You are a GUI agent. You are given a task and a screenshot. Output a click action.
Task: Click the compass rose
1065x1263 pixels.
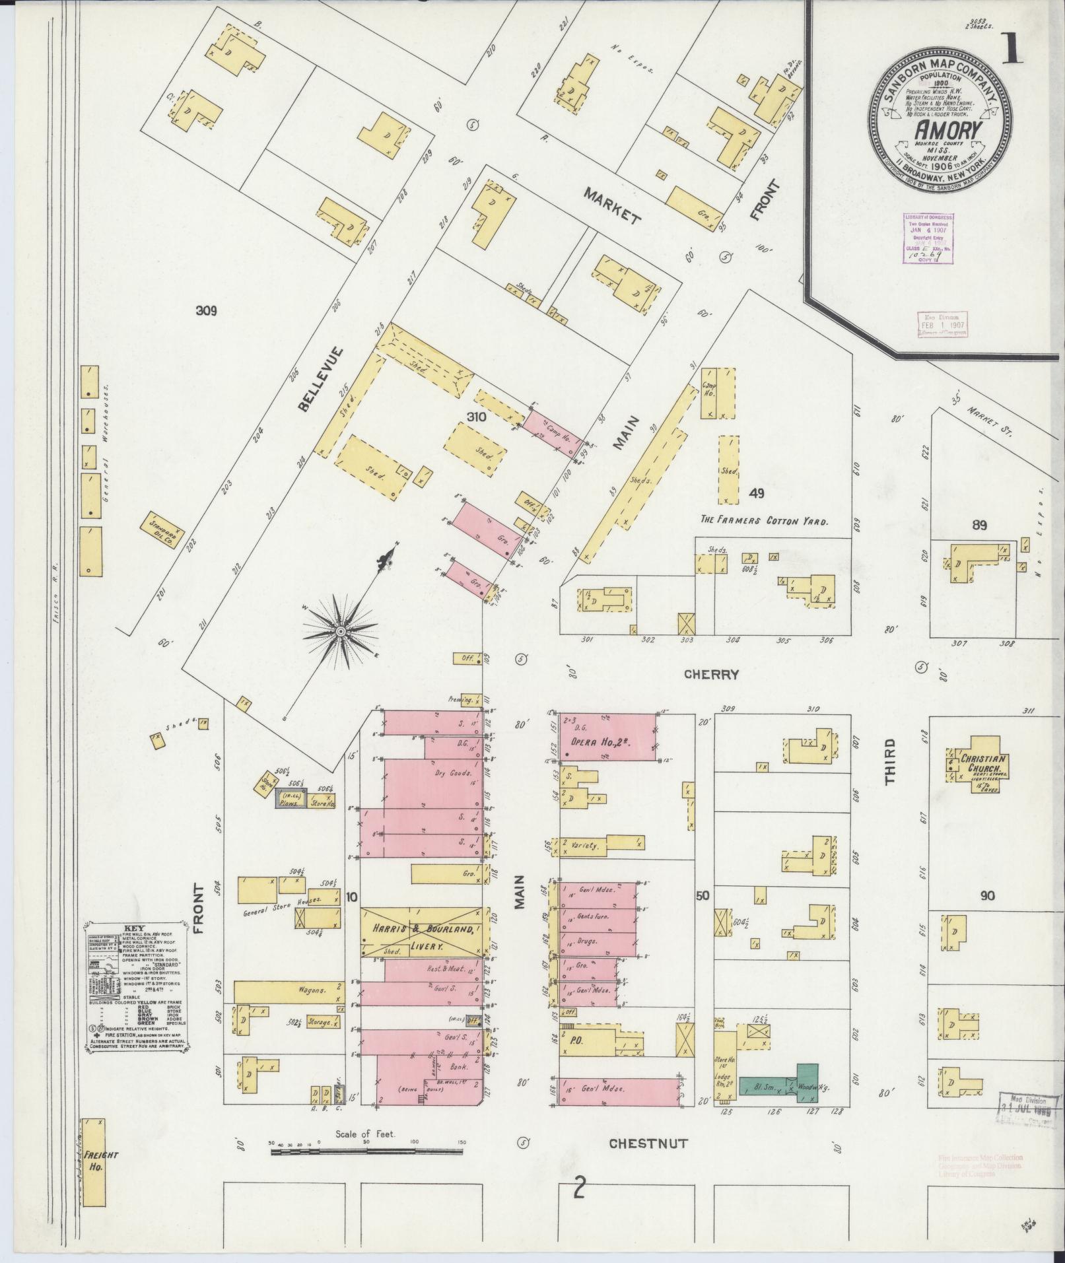tap(340, 632)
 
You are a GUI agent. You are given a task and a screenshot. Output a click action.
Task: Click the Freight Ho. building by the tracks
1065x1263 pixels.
tap(94, 1162)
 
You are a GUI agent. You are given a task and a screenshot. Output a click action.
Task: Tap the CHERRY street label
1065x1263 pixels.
tap(711, 674)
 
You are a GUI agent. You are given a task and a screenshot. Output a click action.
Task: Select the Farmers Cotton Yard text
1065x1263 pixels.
tap(764, 521)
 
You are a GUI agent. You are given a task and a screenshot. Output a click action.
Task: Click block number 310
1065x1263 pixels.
tap(475, 417)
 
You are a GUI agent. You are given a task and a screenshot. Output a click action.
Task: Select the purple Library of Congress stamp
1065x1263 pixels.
tap(925, 238)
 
